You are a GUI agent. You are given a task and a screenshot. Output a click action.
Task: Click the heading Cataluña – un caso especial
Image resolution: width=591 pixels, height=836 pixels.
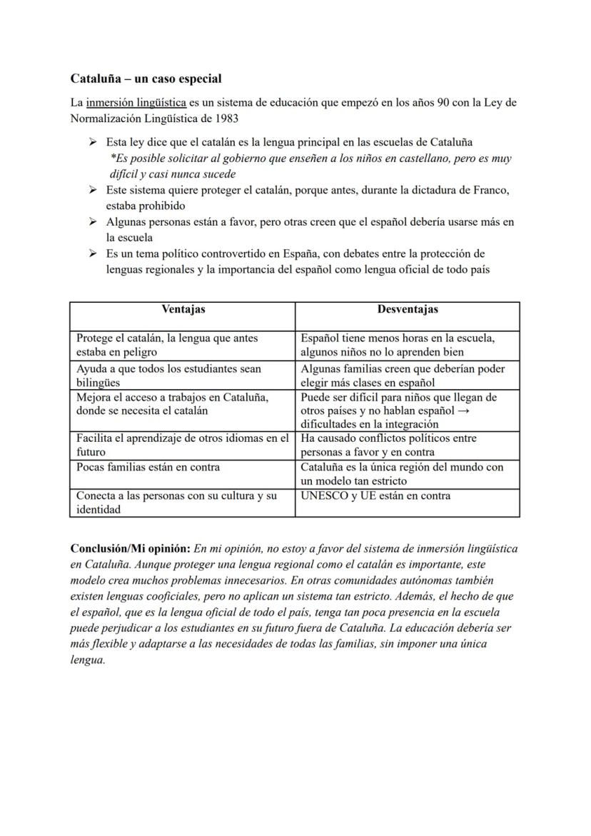[146, 79]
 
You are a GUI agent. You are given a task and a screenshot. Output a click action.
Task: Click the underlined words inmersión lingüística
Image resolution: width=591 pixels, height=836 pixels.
[136, 103]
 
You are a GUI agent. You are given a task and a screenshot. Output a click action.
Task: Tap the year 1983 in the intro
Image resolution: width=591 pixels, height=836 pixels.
[224, 118]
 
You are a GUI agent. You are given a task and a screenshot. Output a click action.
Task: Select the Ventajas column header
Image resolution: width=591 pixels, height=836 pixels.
[183, 309]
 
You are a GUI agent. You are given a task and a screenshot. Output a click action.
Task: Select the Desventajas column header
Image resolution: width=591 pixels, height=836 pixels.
[408, 309]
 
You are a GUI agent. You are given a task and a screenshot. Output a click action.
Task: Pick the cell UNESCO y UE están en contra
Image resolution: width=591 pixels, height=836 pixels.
[375, 495]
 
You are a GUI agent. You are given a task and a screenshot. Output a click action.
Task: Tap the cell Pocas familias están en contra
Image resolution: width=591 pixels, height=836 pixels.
[148, 467]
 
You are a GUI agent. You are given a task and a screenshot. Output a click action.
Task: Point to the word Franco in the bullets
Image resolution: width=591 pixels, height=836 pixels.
[492, 191]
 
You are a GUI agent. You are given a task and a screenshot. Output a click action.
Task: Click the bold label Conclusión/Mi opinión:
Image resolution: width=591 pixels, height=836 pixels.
[130, 549]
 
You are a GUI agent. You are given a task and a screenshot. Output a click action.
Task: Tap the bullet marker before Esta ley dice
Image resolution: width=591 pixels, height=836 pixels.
[93, 142]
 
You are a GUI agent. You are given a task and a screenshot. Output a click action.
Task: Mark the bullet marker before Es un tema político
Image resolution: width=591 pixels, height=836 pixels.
[93, 253]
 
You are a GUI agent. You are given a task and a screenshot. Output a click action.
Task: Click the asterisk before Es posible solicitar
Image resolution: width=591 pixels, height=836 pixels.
[113, 158]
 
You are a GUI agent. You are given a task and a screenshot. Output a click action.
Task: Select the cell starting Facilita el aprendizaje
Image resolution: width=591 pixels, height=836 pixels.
[183, 445]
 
